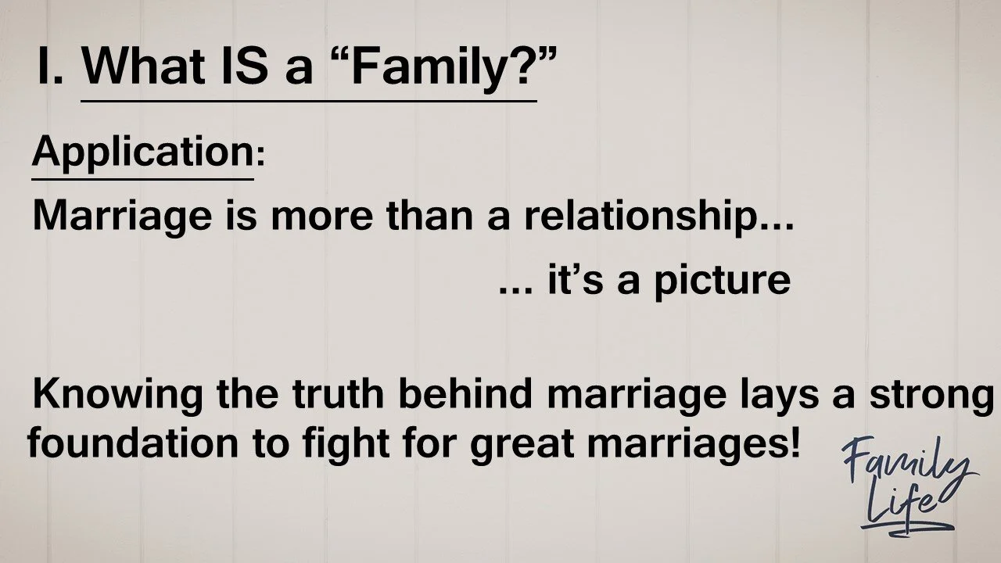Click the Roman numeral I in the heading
[46, 68]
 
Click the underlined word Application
[142, 152]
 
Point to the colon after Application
[260, 156]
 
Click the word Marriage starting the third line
[120, 217]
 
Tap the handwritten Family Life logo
[906, 484]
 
